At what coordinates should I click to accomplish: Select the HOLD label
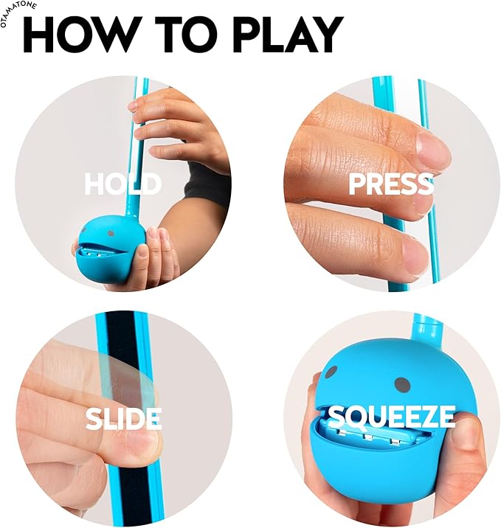click(122, 184)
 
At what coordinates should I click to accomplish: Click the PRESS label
click(390, 184)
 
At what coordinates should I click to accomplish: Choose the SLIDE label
click(122, 418)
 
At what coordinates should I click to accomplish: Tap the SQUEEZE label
click(390, 418)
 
